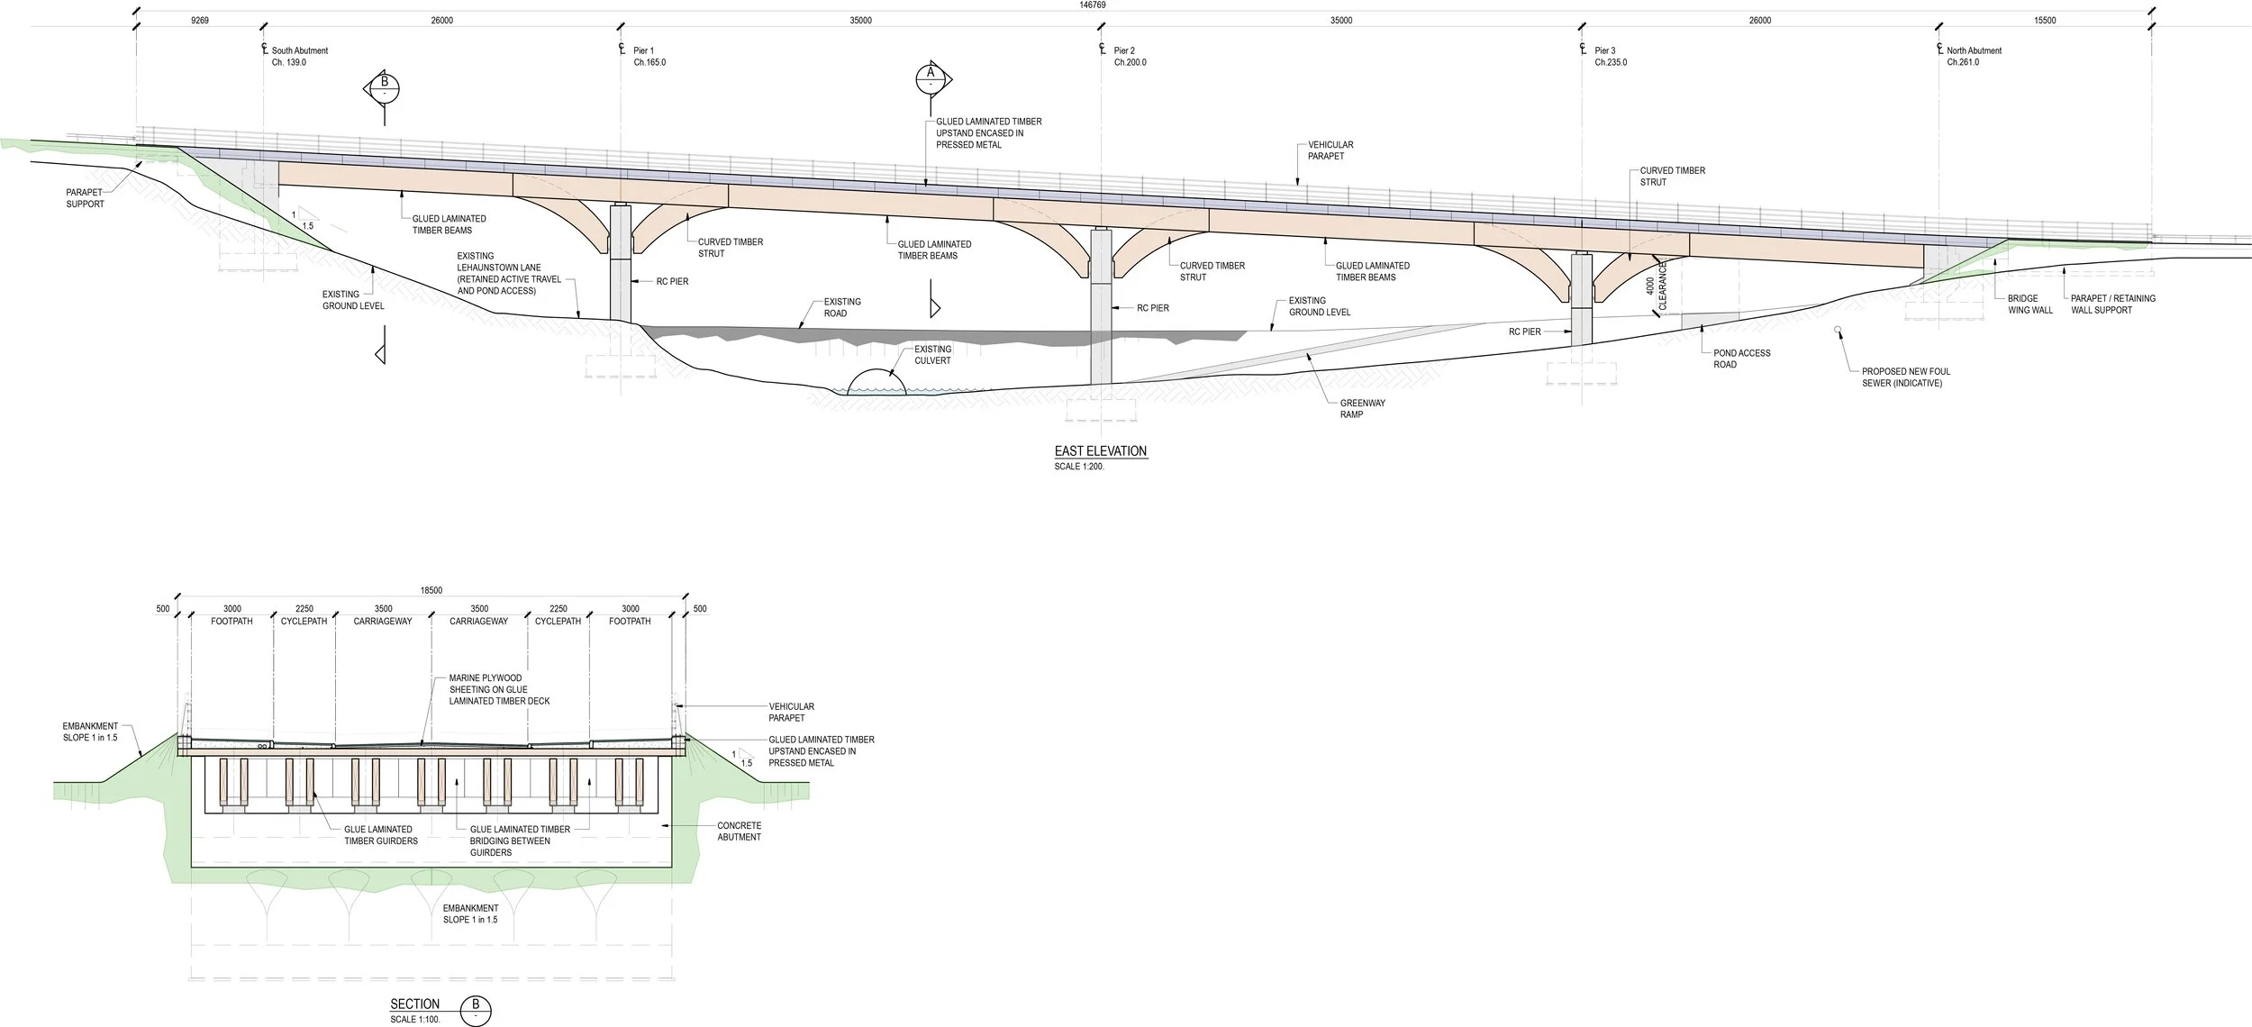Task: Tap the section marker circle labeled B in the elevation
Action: click(385, 87)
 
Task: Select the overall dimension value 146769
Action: click(1093, 5)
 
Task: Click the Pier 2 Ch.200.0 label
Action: click(1129, 57)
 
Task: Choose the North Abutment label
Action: click(1973, 57)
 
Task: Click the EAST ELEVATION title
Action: click(1101, 451)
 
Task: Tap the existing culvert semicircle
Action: click(872, 383)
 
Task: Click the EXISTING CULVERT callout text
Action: click(932, 355)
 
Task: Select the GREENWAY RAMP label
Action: click(1362, 409)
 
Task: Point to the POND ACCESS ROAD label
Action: click(1741, 359)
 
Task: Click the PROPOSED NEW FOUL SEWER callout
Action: click(1905, 377)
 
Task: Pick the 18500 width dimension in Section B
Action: click(431, 591)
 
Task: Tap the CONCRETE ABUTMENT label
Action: click(739, 832)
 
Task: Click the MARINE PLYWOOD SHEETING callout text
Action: click(499, 689)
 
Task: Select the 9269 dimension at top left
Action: click(200, 21)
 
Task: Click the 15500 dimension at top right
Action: click(2045, 21)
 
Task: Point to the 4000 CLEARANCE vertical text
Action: click(1656, 286)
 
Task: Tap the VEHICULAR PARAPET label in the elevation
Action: click(1330, 150)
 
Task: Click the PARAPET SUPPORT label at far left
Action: click(86, 198)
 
